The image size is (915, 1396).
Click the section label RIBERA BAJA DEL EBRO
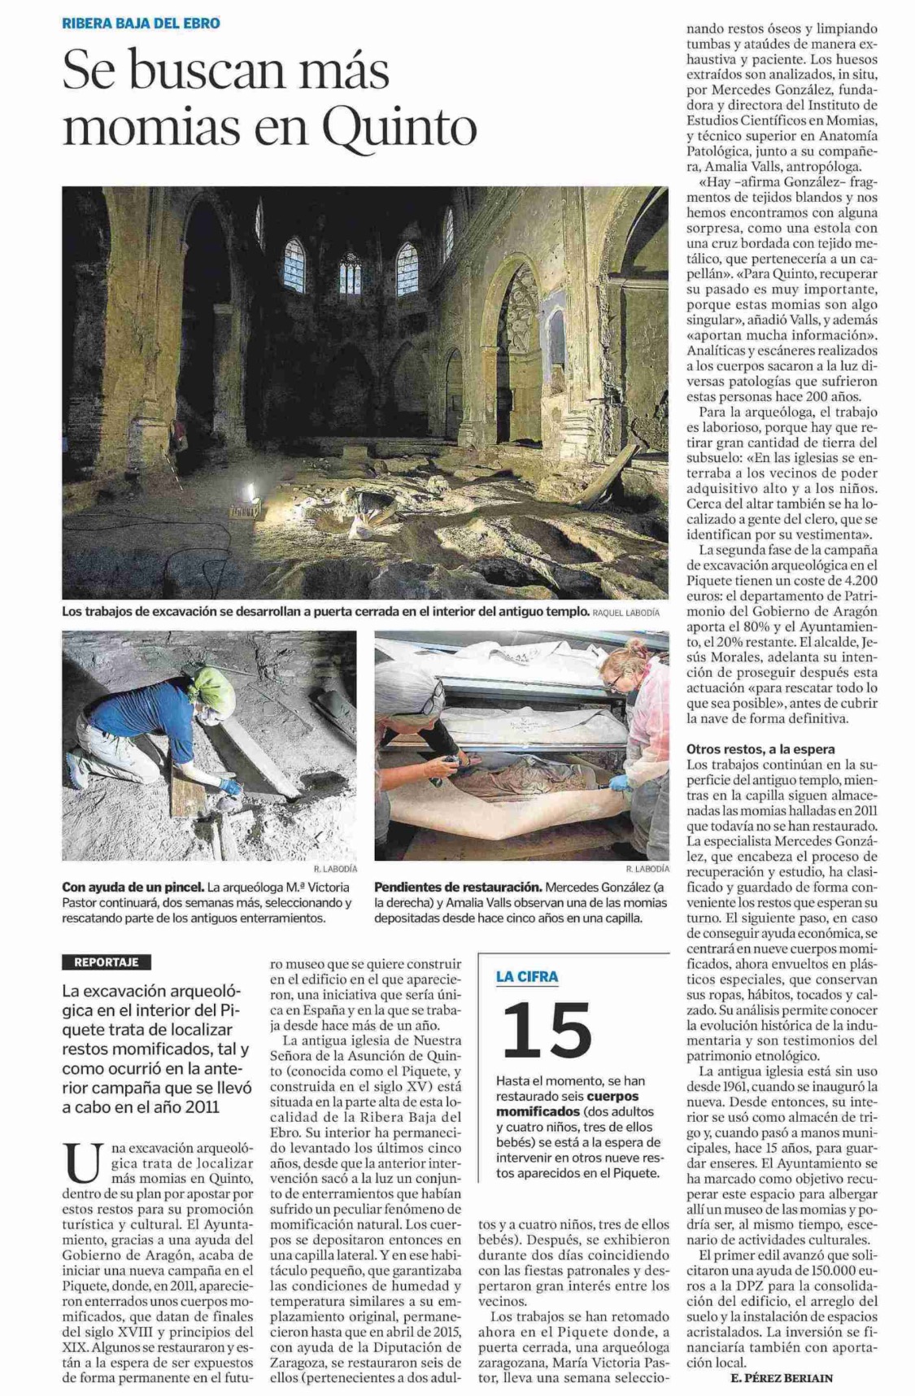(x=141, y=24)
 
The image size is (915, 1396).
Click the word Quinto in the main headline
(x=399, y=127)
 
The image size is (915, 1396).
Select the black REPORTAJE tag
(x=106, y=962)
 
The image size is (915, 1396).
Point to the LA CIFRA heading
(x=527, y=976)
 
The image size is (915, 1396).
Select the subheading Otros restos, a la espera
(x=760, y=748)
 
